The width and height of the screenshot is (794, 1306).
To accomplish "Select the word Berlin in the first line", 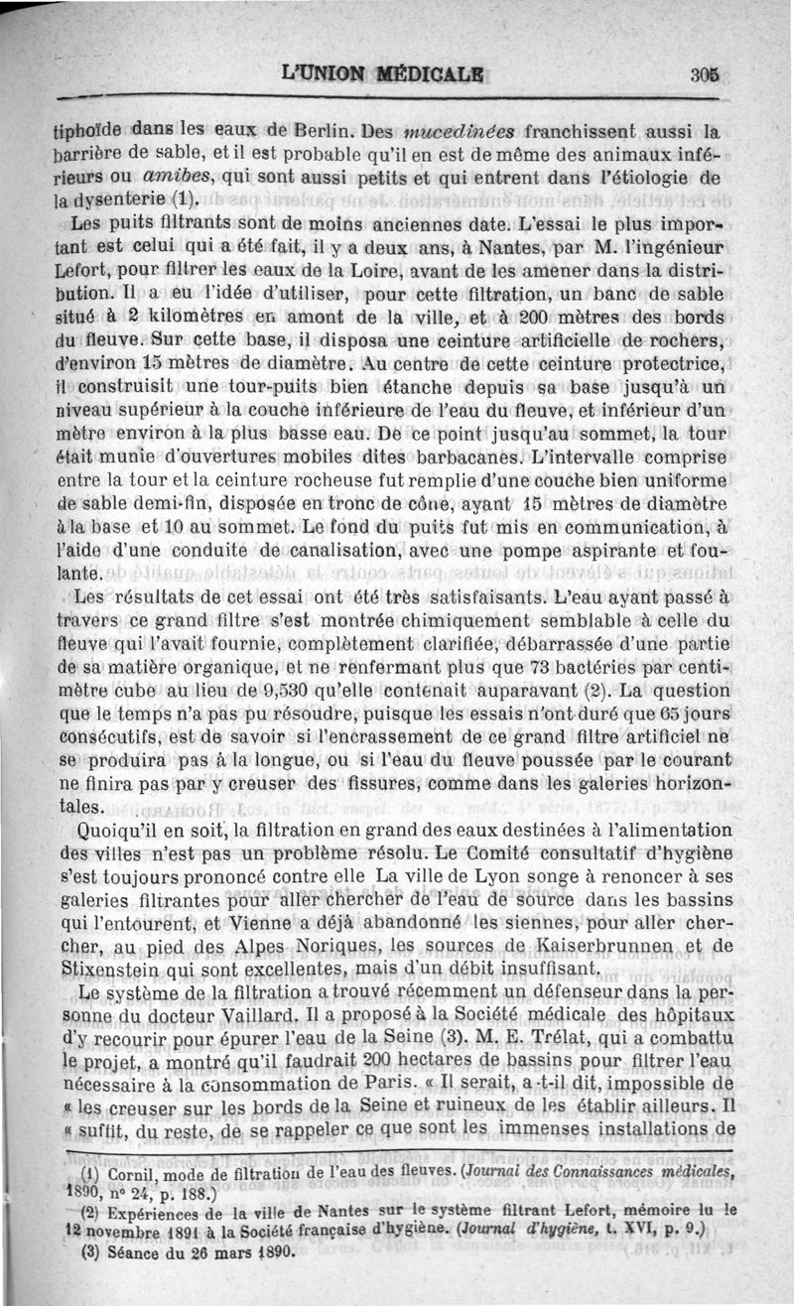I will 324,129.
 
